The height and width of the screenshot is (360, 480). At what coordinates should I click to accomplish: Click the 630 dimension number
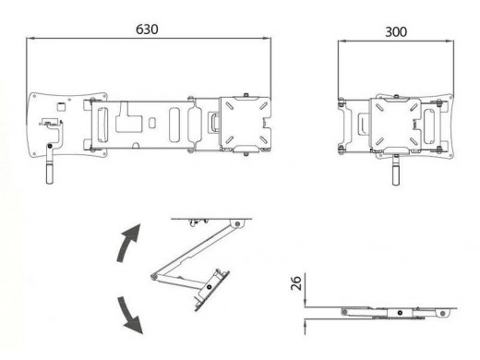147,30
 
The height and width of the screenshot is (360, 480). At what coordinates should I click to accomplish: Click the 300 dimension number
396,32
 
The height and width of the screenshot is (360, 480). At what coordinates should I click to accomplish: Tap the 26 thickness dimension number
296,283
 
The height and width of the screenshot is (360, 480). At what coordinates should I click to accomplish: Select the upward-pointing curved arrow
128,243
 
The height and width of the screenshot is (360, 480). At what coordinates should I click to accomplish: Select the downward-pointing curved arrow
129,316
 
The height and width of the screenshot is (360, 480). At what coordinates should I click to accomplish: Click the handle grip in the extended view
49,174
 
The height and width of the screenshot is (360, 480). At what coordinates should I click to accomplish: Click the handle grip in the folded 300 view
396,175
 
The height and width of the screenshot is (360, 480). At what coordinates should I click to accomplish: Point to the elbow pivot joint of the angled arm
154,277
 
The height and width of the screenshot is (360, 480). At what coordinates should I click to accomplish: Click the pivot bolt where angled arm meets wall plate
237,223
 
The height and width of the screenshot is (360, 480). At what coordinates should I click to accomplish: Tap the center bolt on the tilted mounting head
210,287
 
